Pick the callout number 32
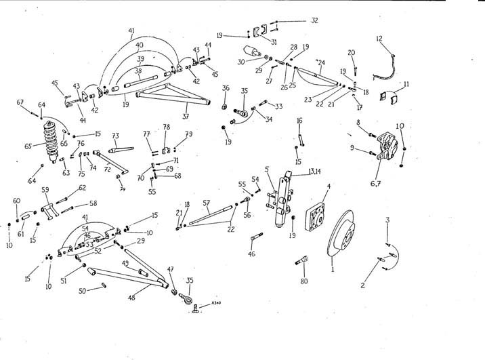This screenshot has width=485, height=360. coord(314,21)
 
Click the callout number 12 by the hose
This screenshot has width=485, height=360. coord(379,39)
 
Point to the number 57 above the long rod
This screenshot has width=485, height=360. coord(207,203)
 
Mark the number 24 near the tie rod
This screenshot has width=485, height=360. coord(321,63)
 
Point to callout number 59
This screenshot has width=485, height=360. coord(45,190)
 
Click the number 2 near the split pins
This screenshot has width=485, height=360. coord(362,285)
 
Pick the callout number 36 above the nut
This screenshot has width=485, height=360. coord(226,87)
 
